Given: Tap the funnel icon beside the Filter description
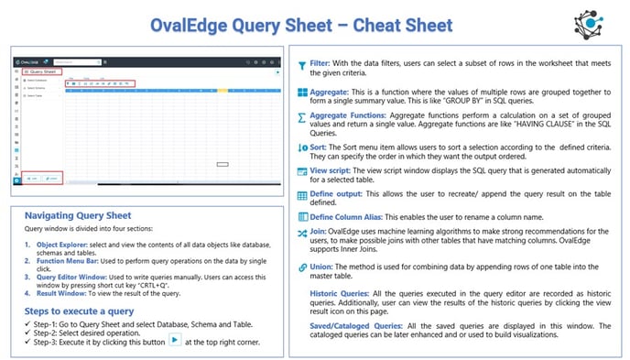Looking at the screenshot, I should (x=302, y=66).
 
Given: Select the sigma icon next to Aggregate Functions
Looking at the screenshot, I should (x=302, y=118).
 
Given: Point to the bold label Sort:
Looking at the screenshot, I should (x=321, y=146).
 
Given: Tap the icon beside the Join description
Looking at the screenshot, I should (x=302, y=234).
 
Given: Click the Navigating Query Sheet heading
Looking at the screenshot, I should (x=78, y=214).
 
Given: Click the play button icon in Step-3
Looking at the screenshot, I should (x=174, y=341).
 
